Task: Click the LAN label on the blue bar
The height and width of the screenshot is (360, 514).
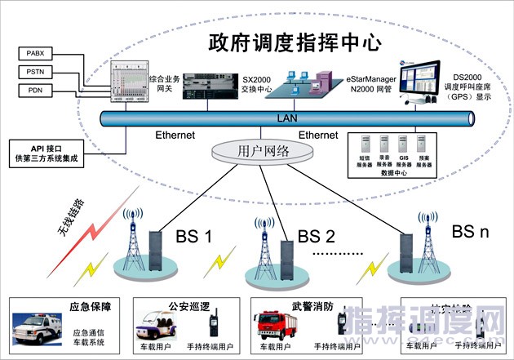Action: (x=287, y=118)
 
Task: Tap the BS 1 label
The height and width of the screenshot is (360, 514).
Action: (x=193, y=238)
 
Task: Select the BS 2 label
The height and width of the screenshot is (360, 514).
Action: (x=317, y=237)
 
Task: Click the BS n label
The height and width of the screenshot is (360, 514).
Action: (x=470, y=232)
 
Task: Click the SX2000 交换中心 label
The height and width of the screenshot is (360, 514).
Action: (x=258, y=82)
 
